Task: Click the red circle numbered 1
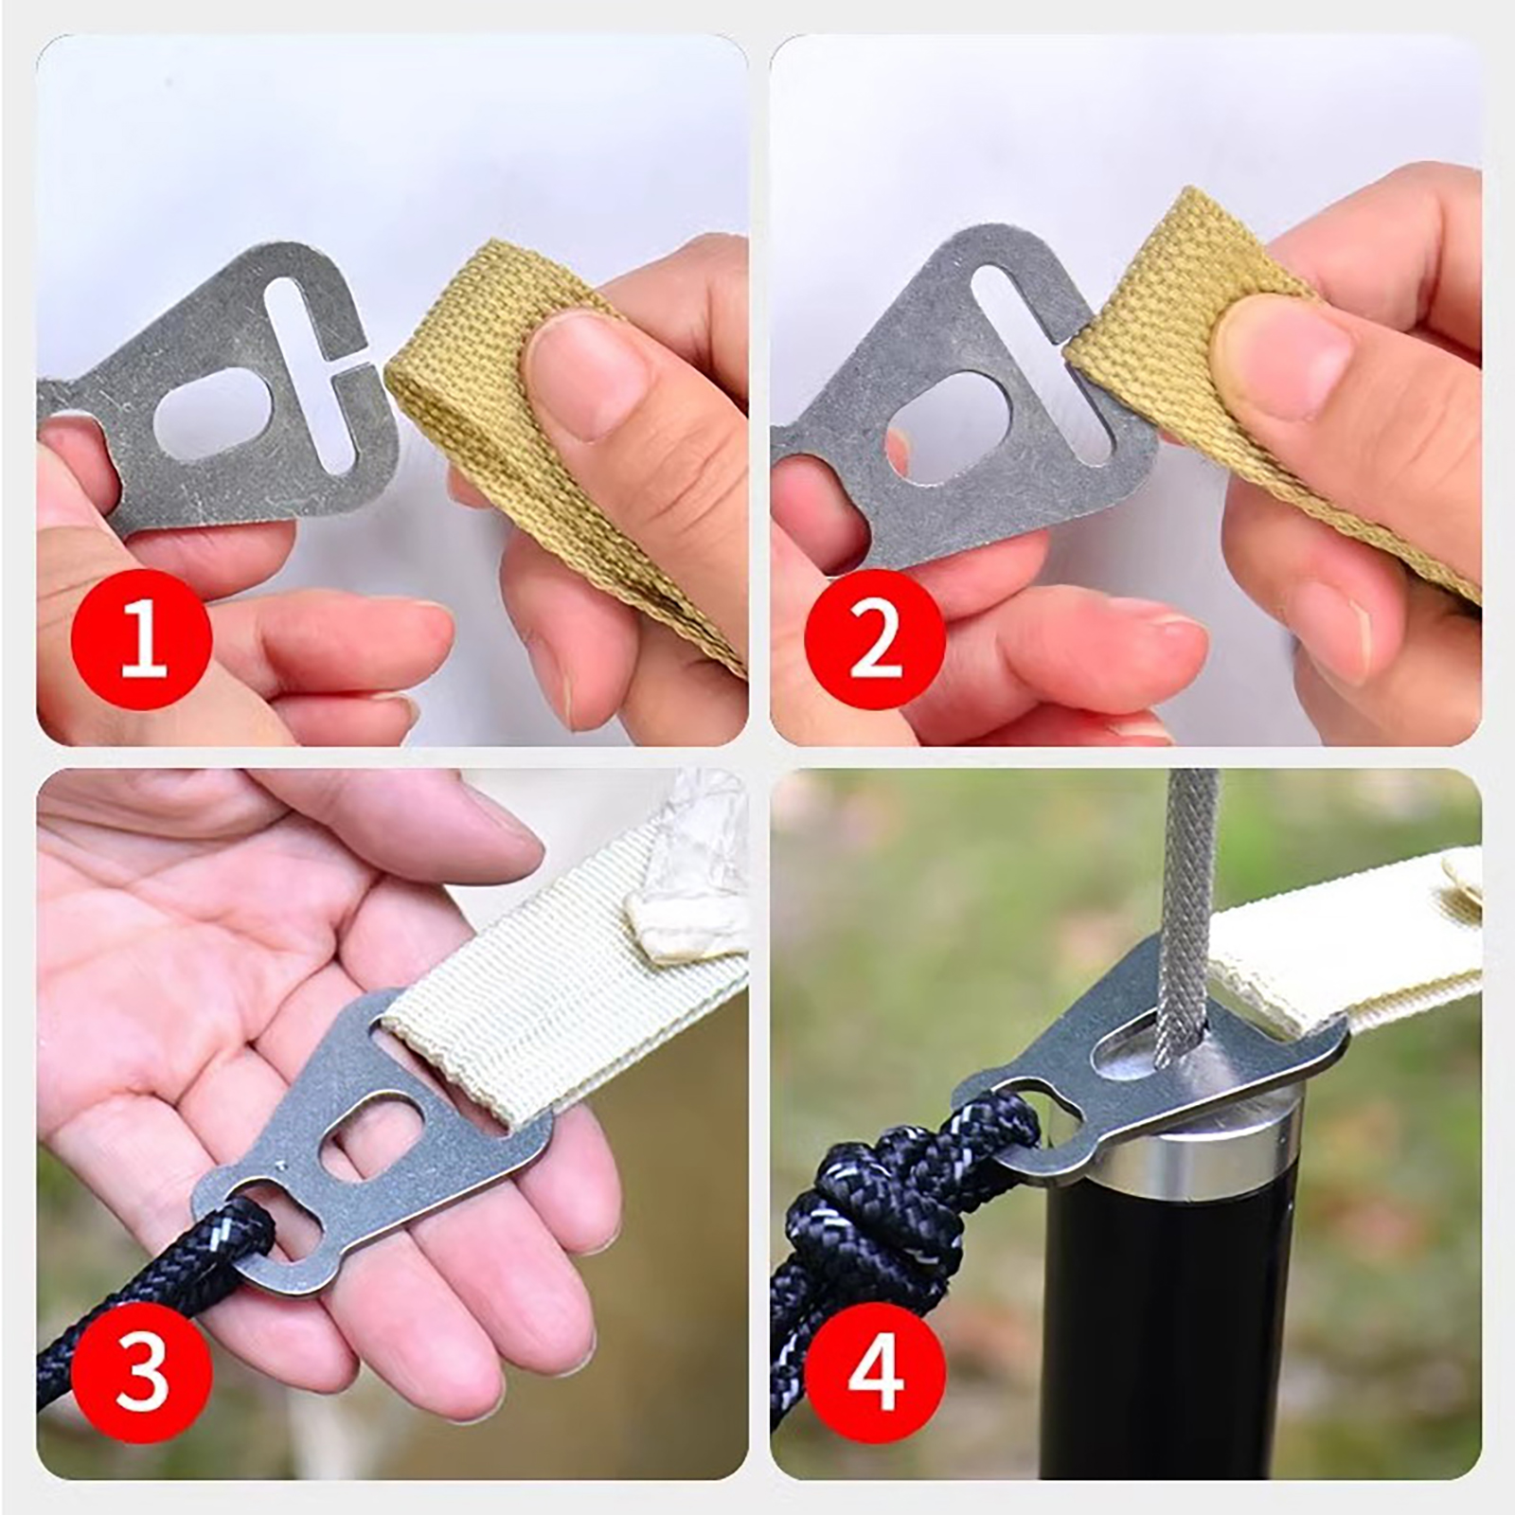click(x=140, y=640)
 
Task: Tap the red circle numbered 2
click(x=875, y=640)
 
